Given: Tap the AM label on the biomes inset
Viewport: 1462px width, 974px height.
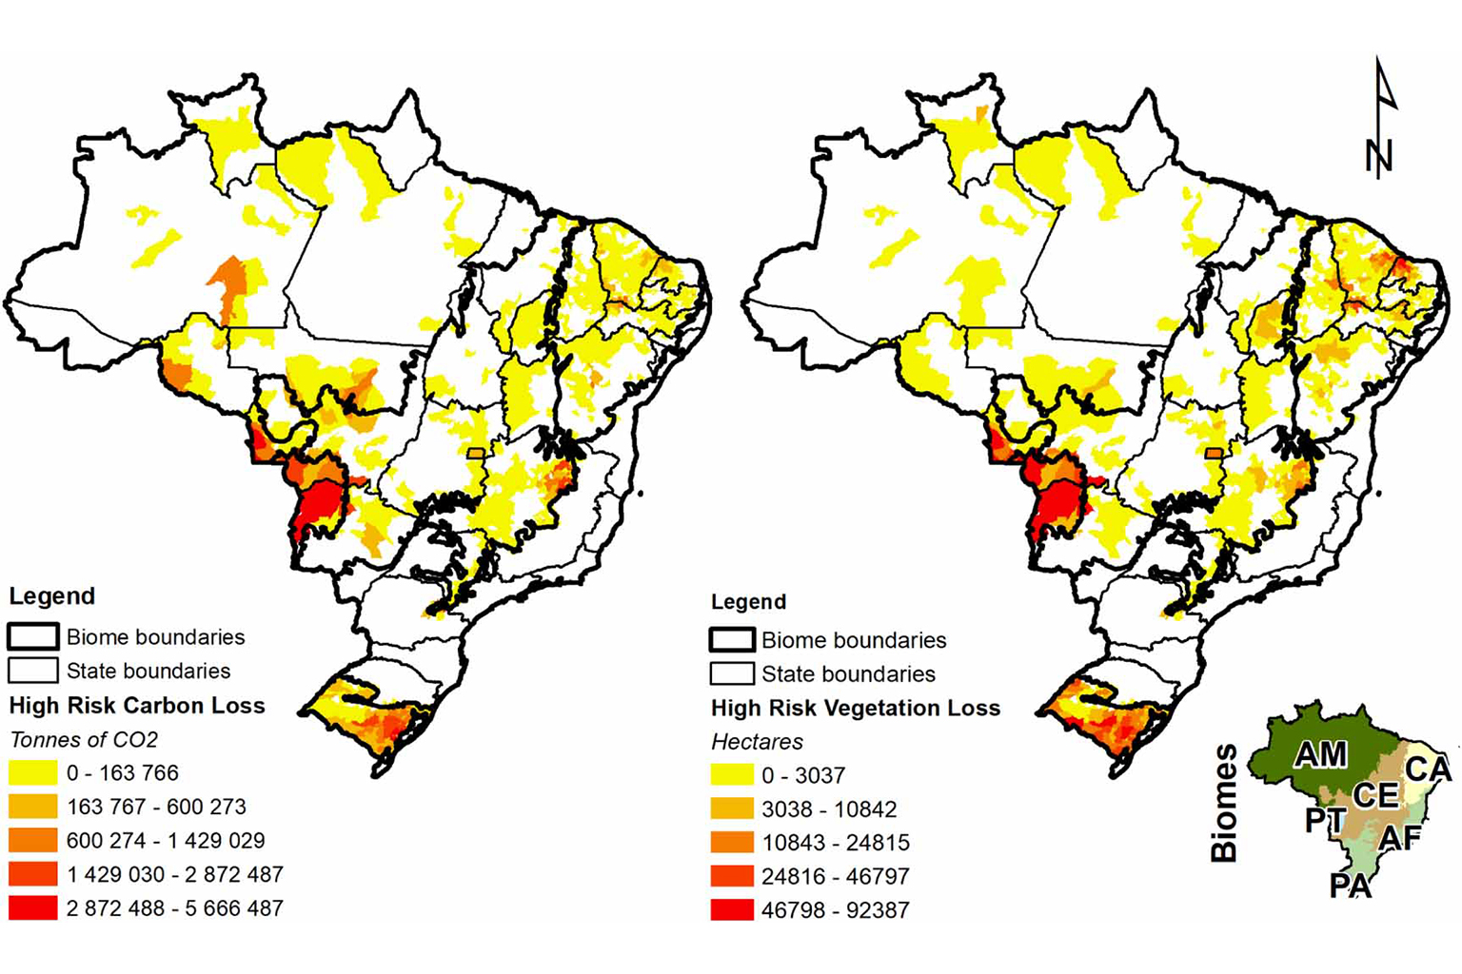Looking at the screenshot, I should pos(1320,754).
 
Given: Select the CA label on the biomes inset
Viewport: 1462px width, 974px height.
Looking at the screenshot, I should pos(1428,768).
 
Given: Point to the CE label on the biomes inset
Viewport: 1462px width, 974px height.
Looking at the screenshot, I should pos(1375,795).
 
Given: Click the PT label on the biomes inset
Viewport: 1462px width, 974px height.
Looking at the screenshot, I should pos(1325,820).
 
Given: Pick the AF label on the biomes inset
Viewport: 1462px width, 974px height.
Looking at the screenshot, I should pos(1399,837).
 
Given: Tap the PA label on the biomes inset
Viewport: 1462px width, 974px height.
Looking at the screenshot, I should pos(1350,886).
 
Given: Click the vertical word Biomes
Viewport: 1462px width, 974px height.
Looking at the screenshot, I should pos(1224,804).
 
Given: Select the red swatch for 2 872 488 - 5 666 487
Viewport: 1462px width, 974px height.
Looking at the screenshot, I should pos(32,907).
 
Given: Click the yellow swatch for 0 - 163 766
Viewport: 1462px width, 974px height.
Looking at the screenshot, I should pos(32,772).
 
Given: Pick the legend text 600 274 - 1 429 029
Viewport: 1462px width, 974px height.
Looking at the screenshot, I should pos(166,840).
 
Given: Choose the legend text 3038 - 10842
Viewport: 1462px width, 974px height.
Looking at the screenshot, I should pos(828,808).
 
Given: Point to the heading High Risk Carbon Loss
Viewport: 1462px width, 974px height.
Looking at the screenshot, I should pos(137,705).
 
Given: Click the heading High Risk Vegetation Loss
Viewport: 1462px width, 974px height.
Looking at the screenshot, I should pos(855,708).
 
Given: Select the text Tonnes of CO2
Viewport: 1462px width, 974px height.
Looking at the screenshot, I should pos(84,739).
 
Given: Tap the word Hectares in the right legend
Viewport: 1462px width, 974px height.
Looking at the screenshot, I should pos(757,741).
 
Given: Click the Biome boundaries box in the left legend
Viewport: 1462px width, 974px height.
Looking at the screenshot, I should pos(32,636).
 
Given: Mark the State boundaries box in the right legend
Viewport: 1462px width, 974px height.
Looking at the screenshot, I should pos(731,673).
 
